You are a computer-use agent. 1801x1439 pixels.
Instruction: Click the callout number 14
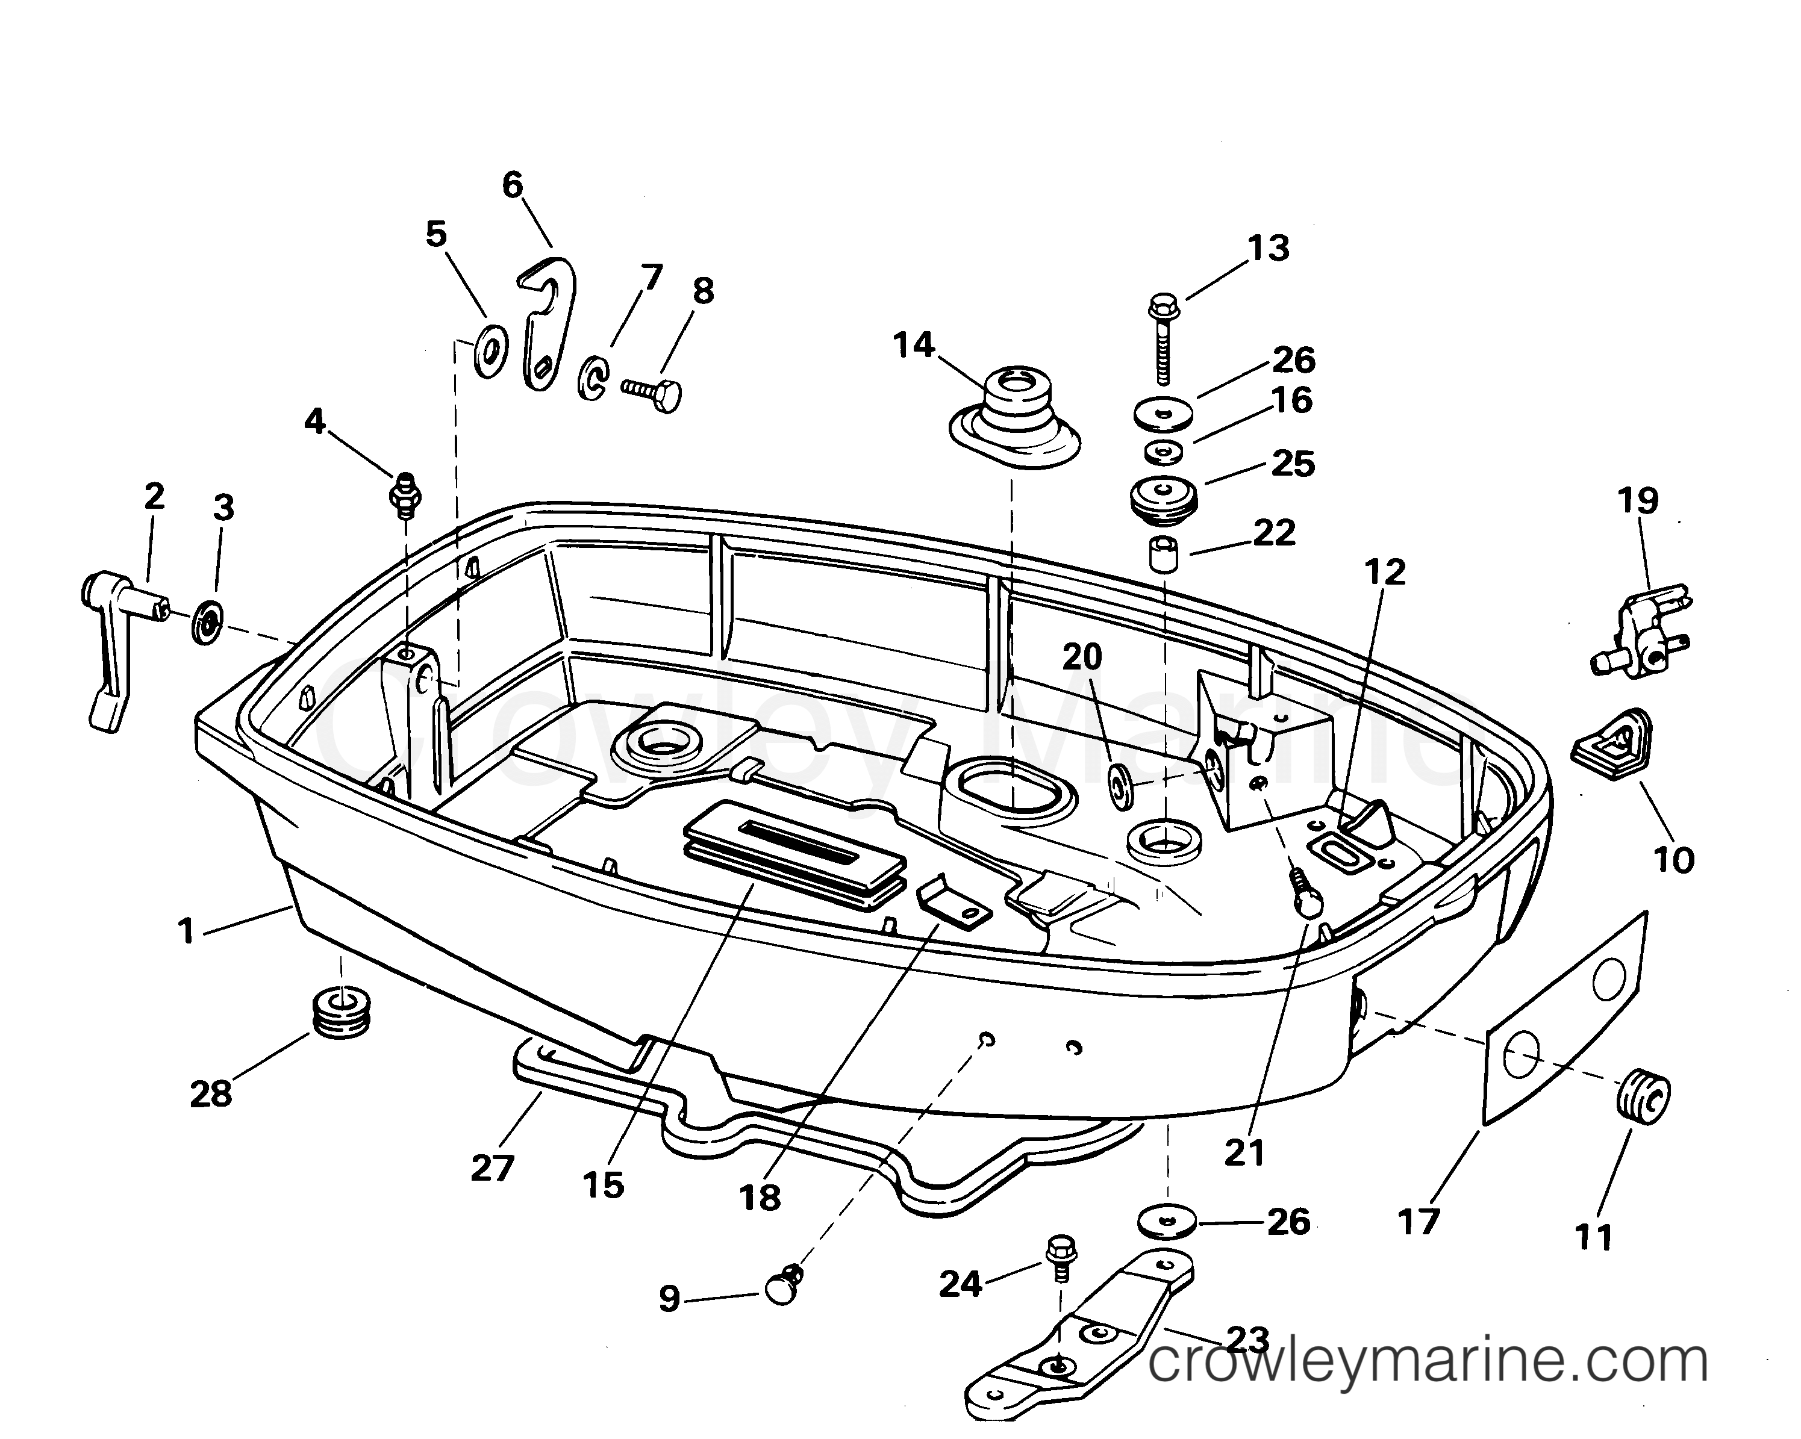click(x=914, y=344)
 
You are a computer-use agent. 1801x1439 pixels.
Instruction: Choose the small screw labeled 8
click(x=652, y=392)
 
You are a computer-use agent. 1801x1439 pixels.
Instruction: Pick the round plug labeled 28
click(x=341, y=1014)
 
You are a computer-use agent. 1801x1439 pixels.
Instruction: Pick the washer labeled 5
click(x=491, y=352)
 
